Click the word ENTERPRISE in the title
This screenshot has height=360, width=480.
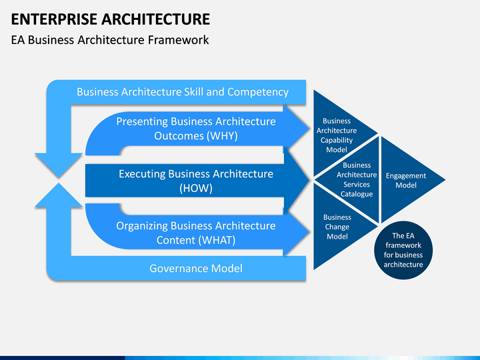54,19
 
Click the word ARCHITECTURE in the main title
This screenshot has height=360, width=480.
156,19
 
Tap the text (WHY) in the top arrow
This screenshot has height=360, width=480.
222,135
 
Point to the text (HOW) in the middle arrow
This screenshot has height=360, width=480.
196,188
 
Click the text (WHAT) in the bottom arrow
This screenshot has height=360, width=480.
215,240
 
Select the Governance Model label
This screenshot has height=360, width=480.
196,269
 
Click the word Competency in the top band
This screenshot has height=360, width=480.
258,92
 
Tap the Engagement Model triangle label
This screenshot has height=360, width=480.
406,180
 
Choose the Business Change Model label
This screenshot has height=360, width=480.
337,227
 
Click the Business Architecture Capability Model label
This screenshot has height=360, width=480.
337,135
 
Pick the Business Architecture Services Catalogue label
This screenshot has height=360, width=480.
357,180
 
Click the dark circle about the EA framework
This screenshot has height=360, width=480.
403,250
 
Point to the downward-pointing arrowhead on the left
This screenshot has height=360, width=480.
59,165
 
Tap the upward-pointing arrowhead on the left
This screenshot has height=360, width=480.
59,195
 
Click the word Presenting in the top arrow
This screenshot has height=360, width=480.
142,121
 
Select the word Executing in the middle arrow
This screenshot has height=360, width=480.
142,174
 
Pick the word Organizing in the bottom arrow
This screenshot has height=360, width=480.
142,226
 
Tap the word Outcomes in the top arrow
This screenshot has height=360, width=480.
179,135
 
